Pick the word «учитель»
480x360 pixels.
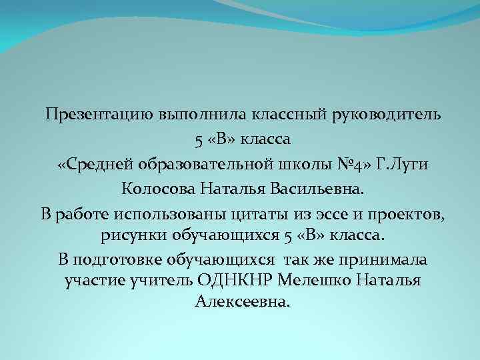[165, 280]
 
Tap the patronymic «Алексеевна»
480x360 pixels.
[243, 301]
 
